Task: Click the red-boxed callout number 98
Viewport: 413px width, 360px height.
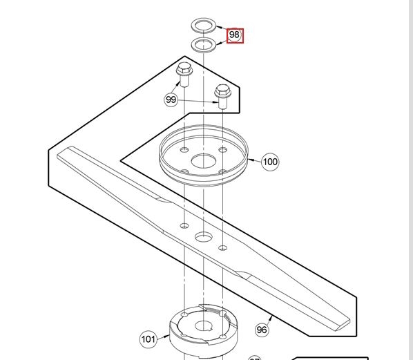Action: coord(235,35)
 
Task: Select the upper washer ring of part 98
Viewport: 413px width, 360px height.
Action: coord(202,26)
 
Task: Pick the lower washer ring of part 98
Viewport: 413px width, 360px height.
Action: coord(202,46)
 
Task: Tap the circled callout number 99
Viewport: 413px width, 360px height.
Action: coord(171,100)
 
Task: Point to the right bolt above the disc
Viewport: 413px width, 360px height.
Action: coord(222,96)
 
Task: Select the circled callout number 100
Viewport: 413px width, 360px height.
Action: coord(270,162)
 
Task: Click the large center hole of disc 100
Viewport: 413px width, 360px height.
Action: coord(204,162)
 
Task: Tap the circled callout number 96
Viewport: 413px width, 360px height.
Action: coord(262,330)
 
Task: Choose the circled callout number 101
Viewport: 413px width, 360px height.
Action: coord(148,339)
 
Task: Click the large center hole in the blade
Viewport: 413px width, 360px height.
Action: coord(203,237)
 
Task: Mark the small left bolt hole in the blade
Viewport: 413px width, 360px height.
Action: coord(184,226)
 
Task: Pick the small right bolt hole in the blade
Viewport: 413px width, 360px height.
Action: coord(222,247)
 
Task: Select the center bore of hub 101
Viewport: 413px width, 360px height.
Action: coord(203,326)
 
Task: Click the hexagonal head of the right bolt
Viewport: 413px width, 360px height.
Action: coord(222,89)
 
